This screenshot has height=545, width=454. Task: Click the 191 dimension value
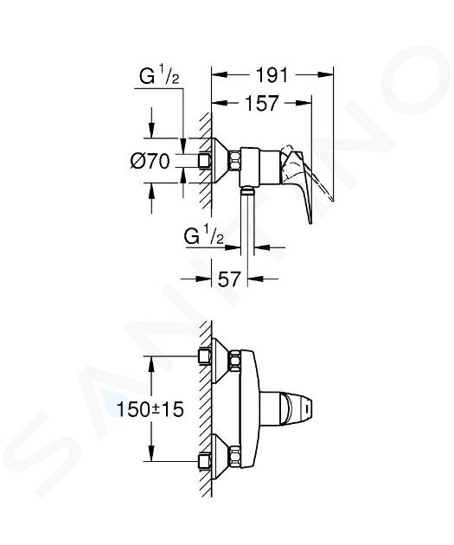(272, 74)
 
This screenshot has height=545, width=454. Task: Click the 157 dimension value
(262, 103)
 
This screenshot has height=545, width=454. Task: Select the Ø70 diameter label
(150, 161)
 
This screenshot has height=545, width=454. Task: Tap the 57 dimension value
(229, 279)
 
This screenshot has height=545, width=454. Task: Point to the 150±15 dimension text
(150, 409)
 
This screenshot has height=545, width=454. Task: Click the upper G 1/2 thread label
(159, 76)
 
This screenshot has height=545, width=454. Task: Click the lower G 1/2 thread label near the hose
(204, 236)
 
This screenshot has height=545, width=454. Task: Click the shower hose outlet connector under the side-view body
(247, 190)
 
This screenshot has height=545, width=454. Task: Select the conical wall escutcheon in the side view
(220, 161)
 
